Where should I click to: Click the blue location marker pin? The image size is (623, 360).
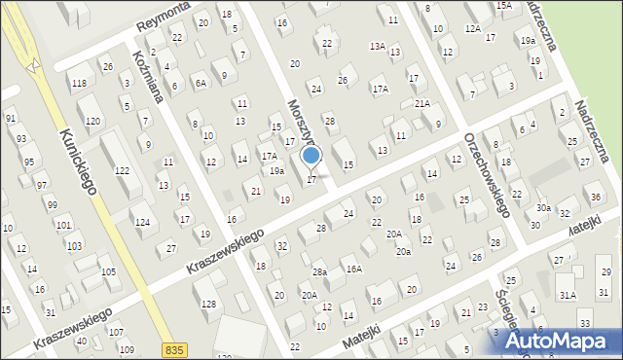point(311,156)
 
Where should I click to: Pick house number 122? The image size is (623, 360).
point(122,170)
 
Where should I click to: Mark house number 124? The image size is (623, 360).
point(142,223)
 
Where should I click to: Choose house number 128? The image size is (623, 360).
point(209,305)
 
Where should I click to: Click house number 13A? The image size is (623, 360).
point(377,46)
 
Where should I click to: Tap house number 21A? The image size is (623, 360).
point(421,103)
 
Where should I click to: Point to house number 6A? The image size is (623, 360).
point(200,84)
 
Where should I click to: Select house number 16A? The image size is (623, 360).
point(354,269)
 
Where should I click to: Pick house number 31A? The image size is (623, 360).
point(568,294)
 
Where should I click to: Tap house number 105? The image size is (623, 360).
point(109,271)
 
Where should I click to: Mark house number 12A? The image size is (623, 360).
point(473,29)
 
